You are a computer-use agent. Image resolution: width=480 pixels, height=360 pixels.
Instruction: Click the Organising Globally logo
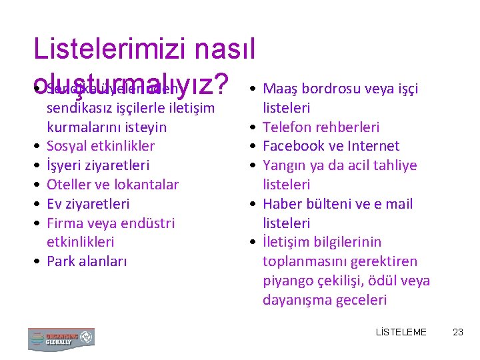point(61,339)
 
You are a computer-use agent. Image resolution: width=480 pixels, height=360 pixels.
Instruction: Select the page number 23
point(457,332)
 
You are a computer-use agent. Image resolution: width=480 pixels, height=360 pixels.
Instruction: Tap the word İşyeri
point(64,165)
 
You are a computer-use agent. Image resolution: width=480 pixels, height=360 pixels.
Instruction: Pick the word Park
point(60,261)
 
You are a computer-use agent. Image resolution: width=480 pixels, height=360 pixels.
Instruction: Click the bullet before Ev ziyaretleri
point(38,204)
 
